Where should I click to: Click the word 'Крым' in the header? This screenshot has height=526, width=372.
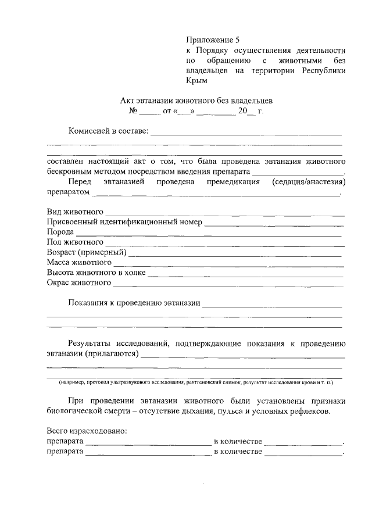[196, 81]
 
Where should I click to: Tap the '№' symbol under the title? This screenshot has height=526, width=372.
[133, 110]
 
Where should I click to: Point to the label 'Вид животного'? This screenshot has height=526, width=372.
[75, 211]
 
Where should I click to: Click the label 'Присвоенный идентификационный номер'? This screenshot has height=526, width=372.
[124, 221]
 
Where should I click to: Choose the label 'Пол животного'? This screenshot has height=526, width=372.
[75, 242]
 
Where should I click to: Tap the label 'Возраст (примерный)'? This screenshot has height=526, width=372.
[87, 252]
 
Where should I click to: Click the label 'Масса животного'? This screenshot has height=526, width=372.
[79, 263]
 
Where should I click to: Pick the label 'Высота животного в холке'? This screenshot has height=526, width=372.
[96, 273]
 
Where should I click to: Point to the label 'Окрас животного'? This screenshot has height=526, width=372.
[78, 283]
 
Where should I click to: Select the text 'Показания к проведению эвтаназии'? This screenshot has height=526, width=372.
[134, 303]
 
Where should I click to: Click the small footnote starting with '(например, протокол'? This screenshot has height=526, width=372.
[195, 383]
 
